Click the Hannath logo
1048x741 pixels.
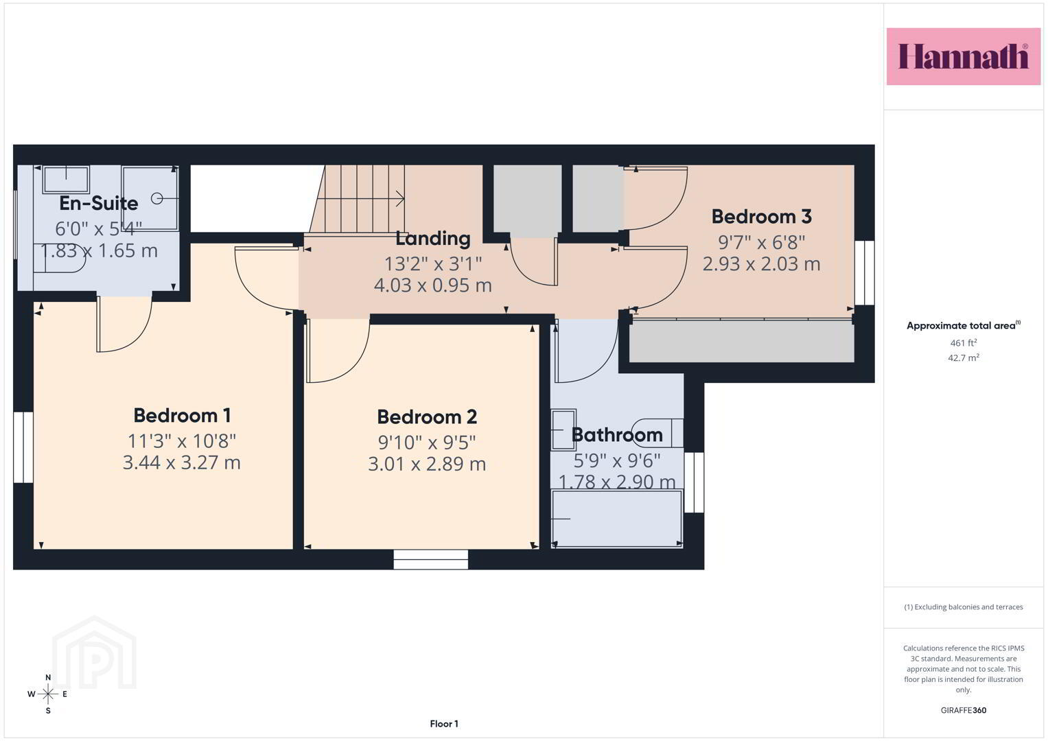click(964, 56)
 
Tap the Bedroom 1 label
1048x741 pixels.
click(182, 415)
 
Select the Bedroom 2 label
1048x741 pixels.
click(427, 417)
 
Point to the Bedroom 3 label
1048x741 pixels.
click(762, 217)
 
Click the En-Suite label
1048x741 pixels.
click(99, 204)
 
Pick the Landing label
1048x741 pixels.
click(433, 239)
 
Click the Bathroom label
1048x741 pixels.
click(617, 435)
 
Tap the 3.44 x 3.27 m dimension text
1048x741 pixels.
click(182, 462)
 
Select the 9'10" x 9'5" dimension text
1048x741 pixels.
click(427, 442)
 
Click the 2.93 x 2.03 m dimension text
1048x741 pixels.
click(762, 264)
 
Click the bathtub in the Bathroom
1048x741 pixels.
click(616, 518)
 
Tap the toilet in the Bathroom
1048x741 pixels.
click(657, 433)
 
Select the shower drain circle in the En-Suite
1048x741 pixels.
click(156, 199)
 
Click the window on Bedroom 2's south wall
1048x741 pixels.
click(430, 559)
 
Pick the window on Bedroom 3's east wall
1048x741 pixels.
click(865, 273)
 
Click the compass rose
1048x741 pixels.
click(48, 694)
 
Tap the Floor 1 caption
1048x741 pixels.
click(444, 724)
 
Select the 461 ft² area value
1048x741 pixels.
click(964, 342)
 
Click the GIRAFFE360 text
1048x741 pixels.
click(964, 710)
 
